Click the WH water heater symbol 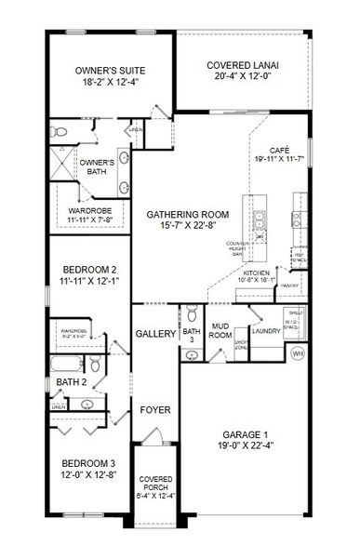click(298, 352)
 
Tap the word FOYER click(153, 409)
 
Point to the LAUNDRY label click(266, 330)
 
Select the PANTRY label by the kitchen click(287, 286)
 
